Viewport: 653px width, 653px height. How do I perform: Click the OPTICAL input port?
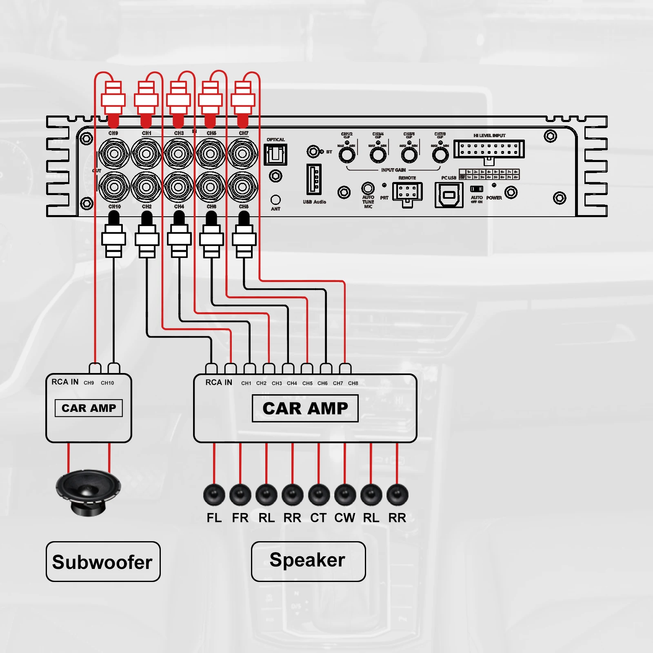point(275,155)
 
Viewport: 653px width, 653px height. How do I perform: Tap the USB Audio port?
point(314,180)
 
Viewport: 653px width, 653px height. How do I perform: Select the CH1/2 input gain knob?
point(347,155)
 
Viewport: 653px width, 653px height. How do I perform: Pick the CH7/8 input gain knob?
point(440,155)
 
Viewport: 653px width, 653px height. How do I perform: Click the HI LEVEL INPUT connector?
point(489,149)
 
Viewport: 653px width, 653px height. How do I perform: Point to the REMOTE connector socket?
point(407,192)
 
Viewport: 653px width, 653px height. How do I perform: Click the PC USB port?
point(449,195)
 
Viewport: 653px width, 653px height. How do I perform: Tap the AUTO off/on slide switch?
point(477,189)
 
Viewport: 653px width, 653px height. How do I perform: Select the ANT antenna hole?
point(276,200)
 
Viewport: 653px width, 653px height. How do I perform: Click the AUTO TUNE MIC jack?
point(368,188)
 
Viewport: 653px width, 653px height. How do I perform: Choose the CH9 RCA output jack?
point(114,154)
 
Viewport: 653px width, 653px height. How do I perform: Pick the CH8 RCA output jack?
point(243,187)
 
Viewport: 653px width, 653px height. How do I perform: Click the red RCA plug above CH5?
point(210,100)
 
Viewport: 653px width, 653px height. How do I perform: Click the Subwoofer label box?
point(103,562)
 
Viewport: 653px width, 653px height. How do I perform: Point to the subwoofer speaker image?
point(88,492)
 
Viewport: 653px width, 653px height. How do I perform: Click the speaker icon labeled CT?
point(319,495)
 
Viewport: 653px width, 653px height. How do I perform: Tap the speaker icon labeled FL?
point(214,495)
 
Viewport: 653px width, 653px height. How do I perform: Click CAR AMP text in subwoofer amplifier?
point(89,408)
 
